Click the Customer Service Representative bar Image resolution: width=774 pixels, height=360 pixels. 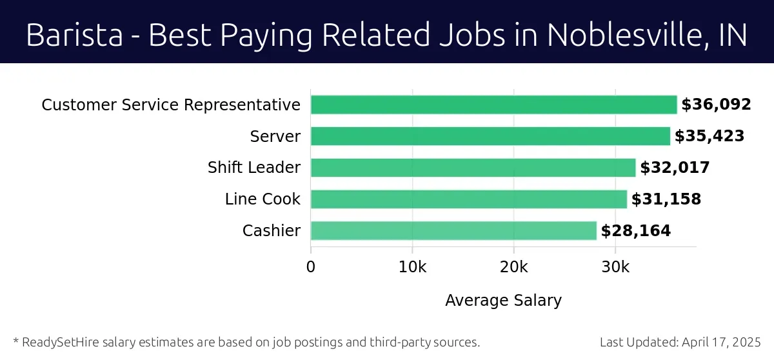tap(493, 105)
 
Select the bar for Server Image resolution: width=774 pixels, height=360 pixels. tap(490, 136)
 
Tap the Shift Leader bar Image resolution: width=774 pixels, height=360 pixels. tap(473, 168)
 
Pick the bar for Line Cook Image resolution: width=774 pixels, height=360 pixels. tap(468, 199)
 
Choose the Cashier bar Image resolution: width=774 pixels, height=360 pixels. tap(453, 230)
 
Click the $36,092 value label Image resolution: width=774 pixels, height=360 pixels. tap(716, 105)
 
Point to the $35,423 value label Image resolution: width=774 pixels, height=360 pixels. tap(709, 136)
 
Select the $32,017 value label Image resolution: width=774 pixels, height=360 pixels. tap(675, 168)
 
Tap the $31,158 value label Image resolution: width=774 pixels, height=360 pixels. tap(666, 199)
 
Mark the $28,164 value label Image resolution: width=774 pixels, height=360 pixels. tap(635, 230)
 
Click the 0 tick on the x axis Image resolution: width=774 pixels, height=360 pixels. tap(311, 267)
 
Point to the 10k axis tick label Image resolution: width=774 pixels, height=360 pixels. tap(412, 267)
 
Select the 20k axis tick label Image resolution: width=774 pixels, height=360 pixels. tap(513, 267)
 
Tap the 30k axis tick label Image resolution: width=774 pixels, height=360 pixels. tap(615, 267)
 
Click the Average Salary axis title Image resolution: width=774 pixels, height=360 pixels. tap(503, 301)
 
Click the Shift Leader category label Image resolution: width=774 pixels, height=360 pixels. tap(253, 168)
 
